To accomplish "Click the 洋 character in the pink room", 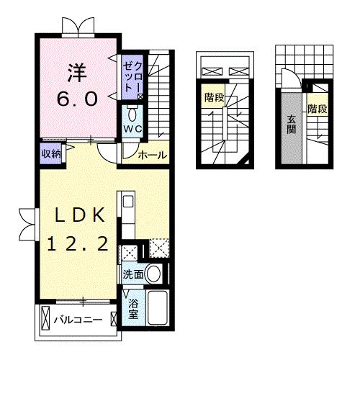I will [77, 72].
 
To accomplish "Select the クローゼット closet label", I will [131, 77].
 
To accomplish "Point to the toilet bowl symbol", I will [132, 114].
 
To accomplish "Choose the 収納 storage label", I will [50, 152].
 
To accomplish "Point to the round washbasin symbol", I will [153, 273].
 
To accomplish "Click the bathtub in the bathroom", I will [156, 307].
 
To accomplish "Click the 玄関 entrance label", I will [291, 125].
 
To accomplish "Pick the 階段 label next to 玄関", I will [318, 109].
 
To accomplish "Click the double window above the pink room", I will [77, 27].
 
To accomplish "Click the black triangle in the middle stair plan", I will [247, 163].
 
